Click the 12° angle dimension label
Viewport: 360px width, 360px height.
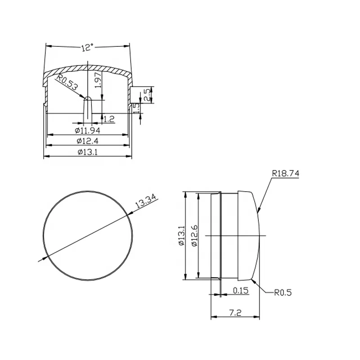click(x=87, y=47)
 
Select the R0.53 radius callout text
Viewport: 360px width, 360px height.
click(x=67, y=82)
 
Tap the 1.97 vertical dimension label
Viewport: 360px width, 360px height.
click(x=98, y=80)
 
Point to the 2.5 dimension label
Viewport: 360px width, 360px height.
click(x=147, y=95)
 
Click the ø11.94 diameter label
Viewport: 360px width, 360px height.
click(x=87, y=130)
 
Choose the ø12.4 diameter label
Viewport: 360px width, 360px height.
click(x=87, y=141)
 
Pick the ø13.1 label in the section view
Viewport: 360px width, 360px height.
click(x=87, y=152)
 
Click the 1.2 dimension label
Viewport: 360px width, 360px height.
click(x=109, y=119)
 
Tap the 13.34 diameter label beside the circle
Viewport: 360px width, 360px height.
click(x=146, y=201)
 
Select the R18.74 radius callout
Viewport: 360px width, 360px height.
click(x=285, y=173)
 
